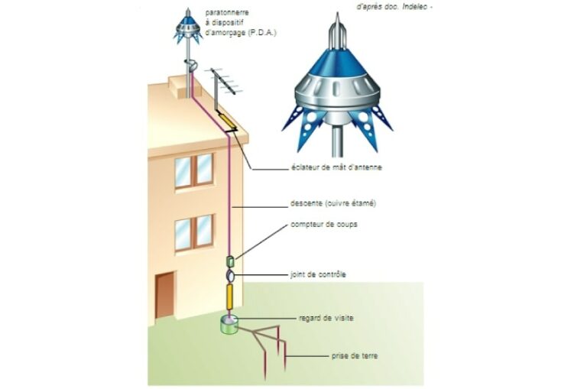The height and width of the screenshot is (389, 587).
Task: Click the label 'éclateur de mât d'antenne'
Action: click(x=336, y=167)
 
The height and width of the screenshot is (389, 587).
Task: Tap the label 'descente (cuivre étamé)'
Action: click(x=333, y=204)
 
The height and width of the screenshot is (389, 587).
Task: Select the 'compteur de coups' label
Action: click(x=324, y=225)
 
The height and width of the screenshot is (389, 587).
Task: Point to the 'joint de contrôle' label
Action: click(x=318, y=274)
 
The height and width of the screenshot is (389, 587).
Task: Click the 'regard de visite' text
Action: click(x=326, y=318)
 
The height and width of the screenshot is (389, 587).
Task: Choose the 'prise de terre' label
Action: click(x=355, y=355)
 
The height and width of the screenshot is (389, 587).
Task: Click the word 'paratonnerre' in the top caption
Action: click(x=227, y=13)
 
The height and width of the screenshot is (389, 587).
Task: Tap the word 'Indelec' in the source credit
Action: click(x=415, y=7)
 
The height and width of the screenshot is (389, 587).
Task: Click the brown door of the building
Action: click(x=165, y=295)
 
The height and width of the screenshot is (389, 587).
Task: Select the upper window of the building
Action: click(x=194, y=170)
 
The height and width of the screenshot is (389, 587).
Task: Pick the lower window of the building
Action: click(x=194, y=232)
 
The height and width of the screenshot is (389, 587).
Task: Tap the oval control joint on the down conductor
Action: click(x=230, y=277)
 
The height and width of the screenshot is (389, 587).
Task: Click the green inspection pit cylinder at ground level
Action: click(x=229, y=325)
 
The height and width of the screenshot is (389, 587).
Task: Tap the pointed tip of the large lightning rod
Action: click(x=337, y=13)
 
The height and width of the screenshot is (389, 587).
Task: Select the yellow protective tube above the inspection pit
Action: click(x=230, y=297)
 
